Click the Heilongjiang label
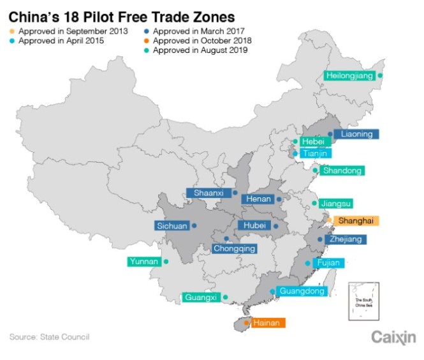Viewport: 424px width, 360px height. tap(349, 75)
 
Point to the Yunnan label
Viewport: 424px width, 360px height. tap(143, 262)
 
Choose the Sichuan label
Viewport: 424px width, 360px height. tap(172, 225)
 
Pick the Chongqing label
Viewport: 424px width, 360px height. tap(235, 248)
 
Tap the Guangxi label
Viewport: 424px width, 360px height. tap(201, 297)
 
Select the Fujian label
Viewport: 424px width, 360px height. tap(330, 262)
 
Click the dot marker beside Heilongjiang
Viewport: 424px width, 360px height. tap(380, 75)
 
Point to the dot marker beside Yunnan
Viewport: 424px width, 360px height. tap(166, 262)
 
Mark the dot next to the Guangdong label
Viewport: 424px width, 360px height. tap(272, 291)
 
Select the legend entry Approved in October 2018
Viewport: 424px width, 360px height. tap(198, 40)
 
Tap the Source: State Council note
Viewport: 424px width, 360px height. tap(49, 336)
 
